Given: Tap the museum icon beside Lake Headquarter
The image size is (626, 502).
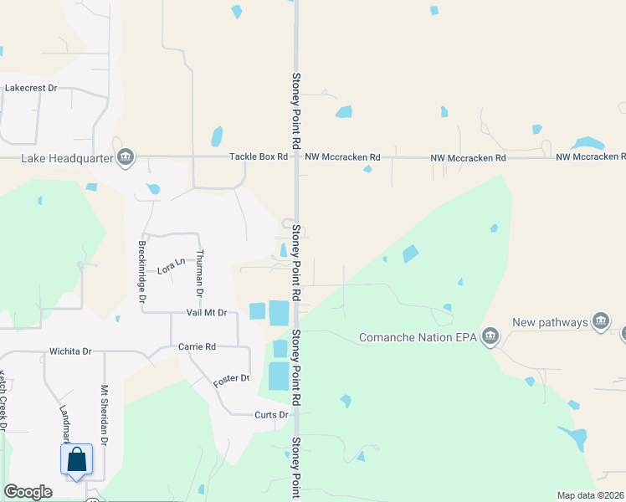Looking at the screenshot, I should coord(126,157).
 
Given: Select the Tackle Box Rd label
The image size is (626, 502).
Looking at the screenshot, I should coord(259,157).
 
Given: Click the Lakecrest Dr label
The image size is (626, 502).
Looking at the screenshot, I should coord(31,87).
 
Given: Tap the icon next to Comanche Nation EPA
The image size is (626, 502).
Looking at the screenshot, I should coord(490,338).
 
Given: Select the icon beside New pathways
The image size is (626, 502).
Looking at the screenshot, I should coord(600,321).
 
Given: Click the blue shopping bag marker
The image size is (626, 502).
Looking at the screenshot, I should coord(76,459).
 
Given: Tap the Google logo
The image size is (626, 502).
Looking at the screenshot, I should coord(28,492).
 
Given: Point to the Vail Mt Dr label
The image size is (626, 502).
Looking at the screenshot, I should coord(208,312).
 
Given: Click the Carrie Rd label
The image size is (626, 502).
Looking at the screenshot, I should coord(198,346).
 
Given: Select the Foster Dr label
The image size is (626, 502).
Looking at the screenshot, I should coord(232,379).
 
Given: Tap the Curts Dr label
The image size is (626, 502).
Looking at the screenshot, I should coord(271,414).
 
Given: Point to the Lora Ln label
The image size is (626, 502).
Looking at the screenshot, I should coord(171,267).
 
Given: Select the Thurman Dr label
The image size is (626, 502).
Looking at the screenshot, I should coord(199,273).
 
